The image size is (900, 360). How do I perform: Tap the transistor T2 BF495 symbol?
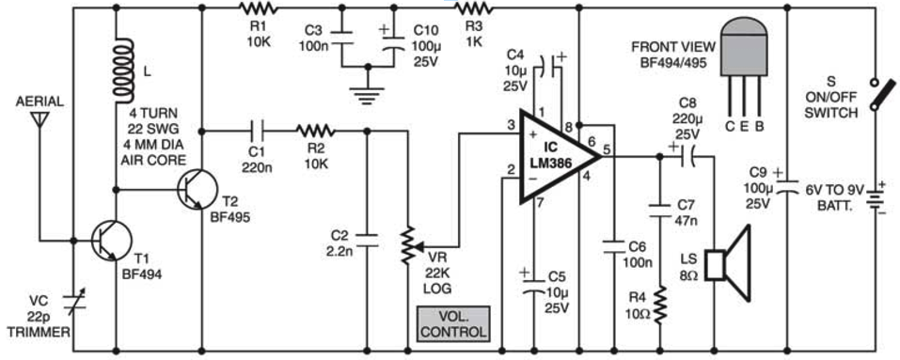tap(195, 190)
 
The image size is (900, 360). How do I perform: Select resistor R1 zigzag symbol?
tap(255, 9)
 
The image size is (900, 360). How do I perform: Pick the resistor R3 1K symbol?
tap(474, 9)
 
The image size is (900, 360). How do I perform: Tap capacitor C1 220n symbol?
tap(255, 131)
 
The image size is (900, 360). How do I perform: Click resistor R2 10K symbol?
tap(311, 131)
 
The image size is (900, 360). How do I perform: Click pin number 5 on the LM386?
tap(607, 148)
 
